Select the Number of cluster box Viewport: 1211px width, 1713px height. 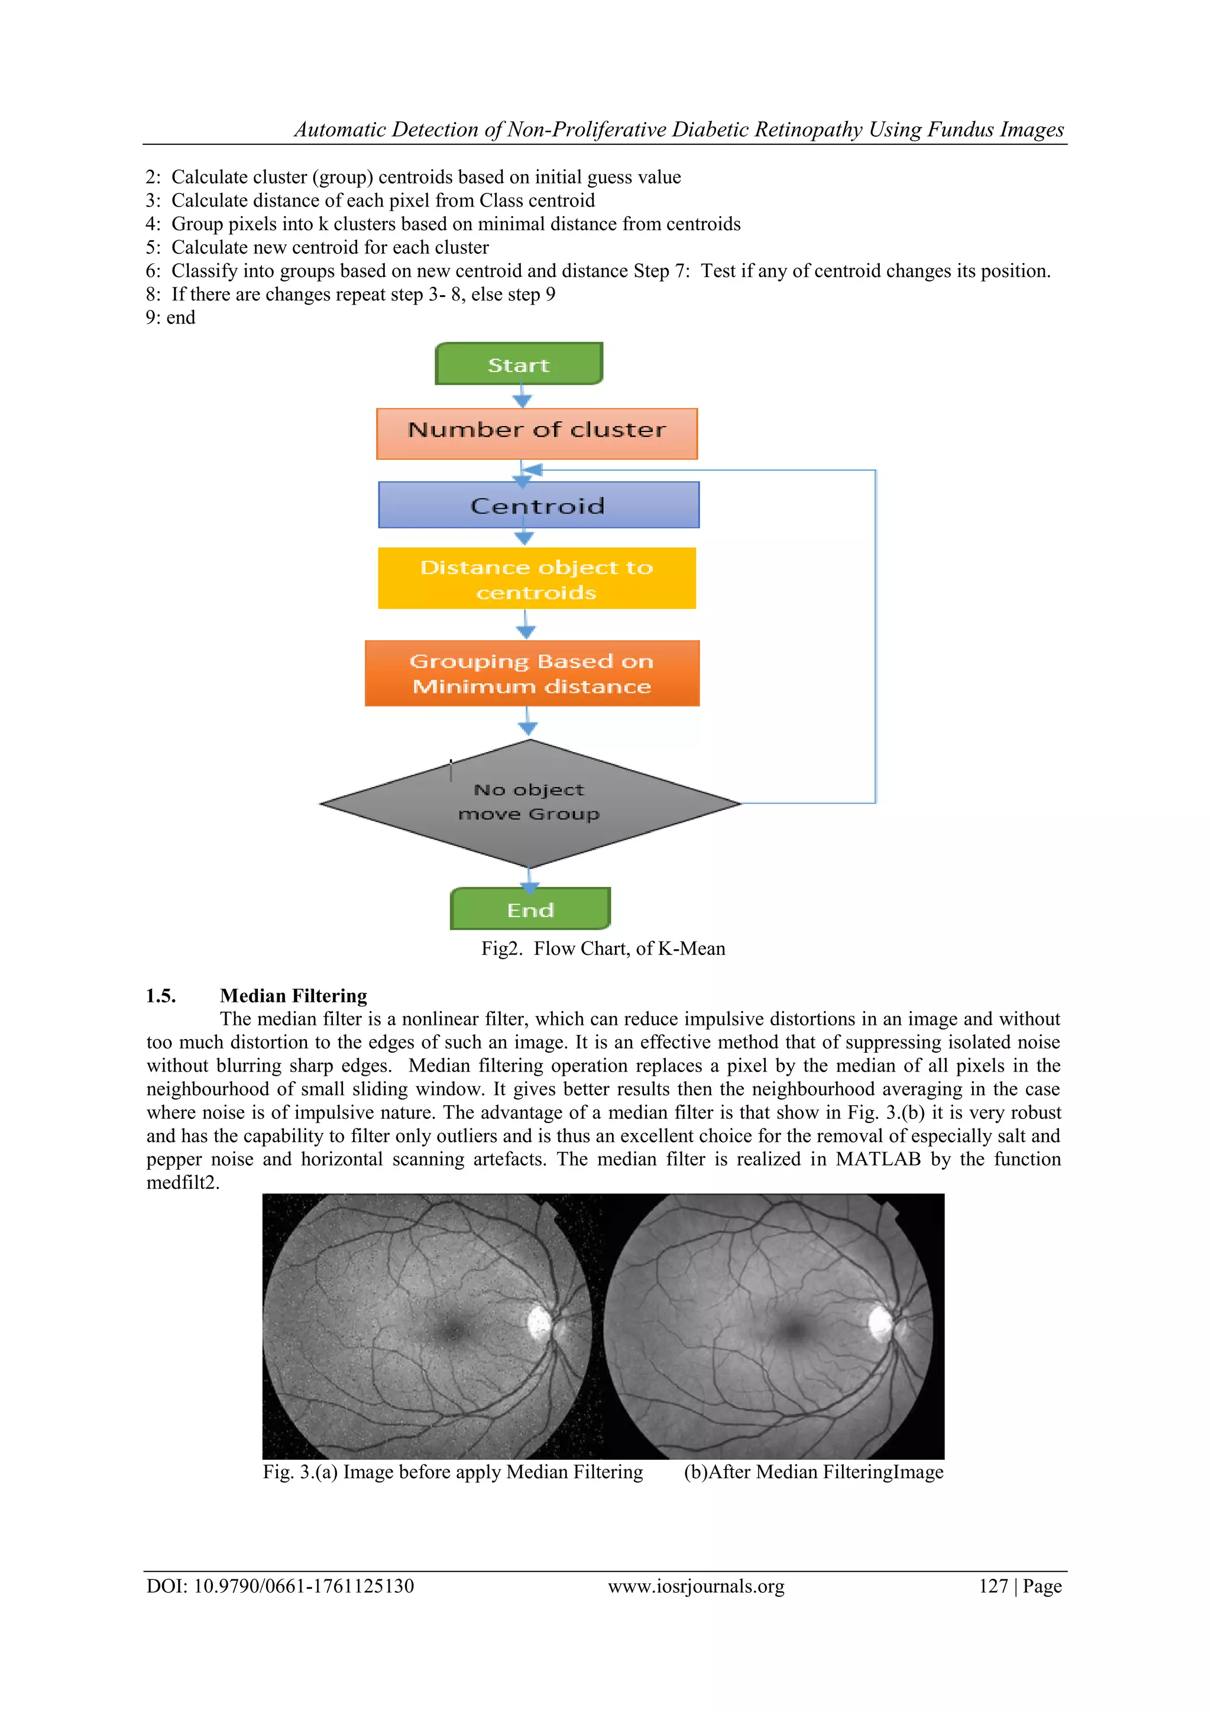536,434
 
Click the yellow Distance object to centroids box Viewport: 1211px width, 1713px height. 536,579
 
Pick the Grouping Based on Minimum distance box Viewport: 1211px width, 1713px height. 532,673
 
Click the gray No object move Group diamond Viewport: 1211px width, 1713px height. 529,804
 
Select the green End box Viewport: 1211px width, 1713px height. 530,909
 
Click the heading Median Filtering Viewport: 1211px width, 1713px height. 293,996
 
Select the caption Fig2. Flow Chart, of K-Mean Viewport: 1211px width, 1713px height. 603,949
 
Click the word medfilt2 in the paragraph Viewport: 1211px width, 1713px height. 182,1183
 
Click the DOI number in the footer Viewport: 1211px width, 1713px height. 303,1586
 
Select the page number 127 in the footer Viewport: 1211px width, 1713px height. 993,1586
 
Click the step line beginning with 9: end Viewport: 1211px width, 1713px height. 170,318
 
